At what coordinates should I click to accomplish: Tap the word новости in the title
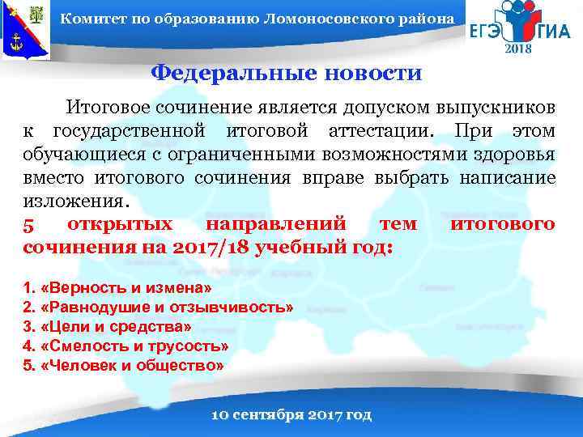tap(372, 74)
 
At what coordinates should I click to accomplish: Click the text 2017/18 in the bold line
tap(212, 246)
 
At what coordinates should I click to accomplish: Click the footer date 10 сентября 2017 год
tap(291, 415)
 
